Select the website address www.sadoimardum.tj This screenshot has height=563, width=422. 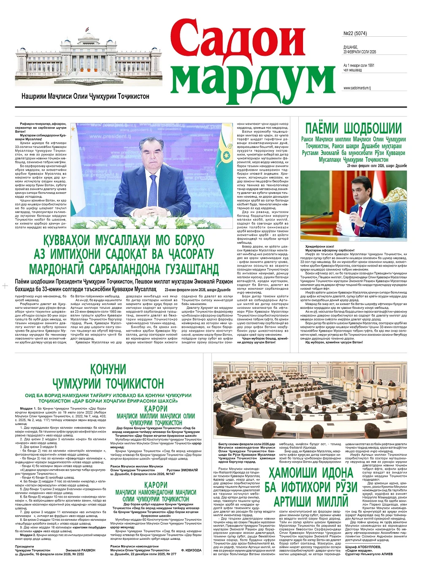point(357,88)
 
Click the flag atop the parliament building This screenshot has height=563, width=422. point(87,30)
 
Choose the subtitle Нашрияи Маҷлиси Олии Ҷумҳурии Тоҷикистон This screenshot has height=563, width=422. point(85,96)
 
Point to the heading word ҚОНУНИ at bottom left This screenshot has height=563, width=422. point(108,369)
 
